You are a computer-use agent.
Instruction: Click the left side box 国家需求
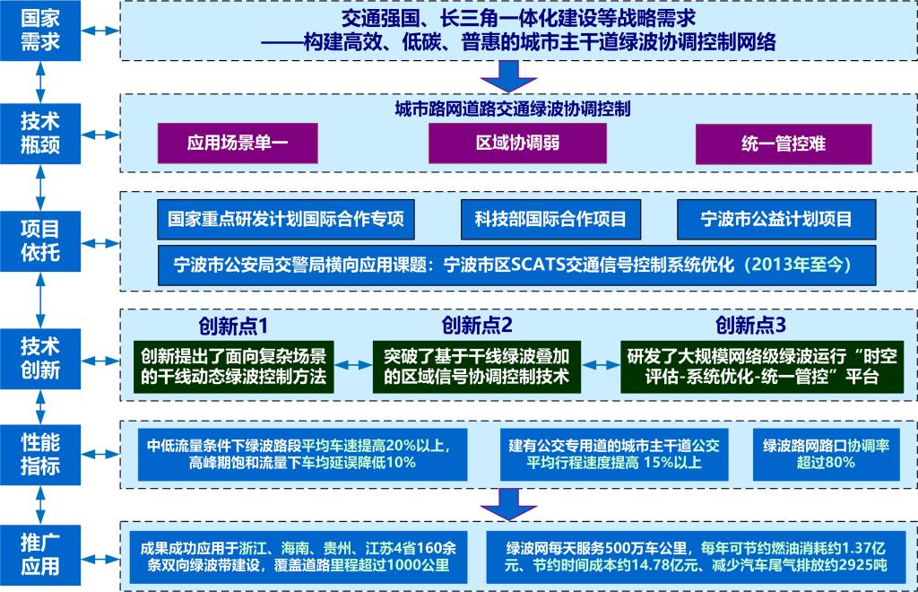pos(40,30)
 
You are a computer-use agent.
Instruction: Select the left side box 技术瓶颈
pos(40,133)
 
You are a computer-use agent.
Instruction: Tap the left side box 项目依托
pos(40,240)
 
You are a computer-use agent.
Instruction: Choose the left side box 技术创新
pos(40,358)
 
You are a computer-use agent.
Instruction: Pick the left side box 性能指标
pos(40,455)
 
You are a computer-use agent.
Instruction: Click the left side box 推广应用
pos(40,554)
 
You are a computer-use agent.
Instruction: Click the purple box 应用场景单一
pos(238,143)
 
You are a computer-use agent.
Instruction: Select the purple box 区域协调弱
pos(517,143)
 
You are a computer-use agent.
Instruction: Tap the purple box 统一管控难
pos(784,144)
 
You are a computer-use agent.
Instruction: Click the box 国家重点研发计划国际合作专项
pos(286,219)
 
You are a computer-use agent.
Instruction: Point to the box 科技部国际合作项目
pos(550,219)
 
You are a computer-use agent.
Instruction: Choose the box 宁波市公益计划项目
pos(776,219)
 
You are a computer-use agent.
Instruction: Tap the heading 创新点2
pos(477,325)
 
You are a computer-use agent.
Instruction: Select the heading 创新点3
pos(750,325)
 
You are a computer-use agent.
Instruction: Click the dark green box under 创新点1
pos(234,367)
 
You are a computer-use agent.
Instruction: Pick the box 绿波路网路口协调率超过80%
pos(826,455)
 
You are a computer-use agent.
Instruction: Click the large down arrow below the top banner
pos(508,76)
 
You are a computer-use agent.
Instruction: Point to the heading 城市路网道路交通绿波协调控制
pos(512,109)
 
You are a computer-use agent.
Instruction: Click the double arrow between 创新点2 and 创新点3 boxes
pos(601,365)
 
